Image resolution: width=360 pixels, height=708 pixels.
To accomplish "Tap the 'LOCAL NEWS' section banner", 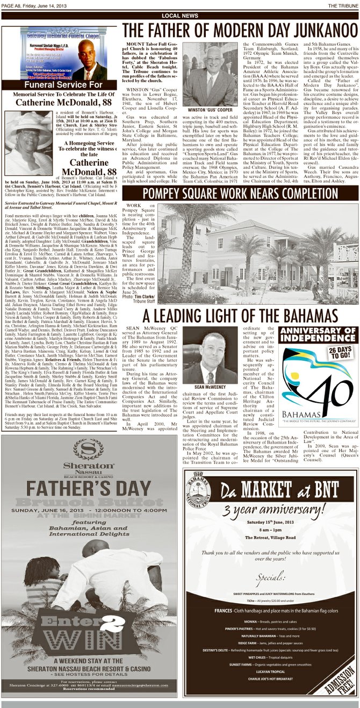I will (179, 16).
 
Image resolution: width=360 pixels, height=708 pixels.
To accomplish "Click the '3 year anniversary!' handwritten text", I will (271, 511).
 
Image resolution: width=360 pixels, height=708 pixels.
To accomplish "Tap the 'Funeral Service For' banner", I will (61, 85).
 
